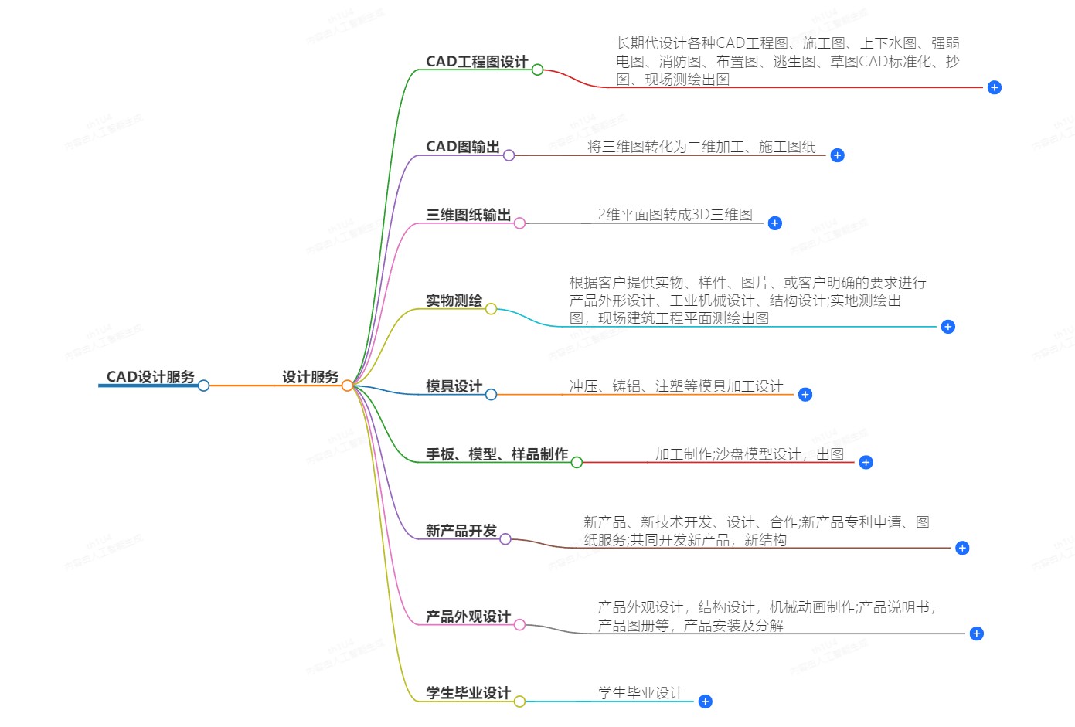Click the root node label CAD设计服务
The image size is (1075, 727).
(150, 377)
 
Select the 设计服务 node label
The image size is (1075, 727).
(310, 377)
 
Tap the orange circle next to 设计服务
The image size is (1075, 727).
(348, 386)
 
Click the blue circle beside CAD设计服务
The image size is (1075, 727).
(203, 386)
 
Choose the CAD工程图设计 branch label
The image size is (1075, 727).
(477, 62)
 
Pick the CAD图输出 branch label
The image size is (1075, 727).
(463, 146)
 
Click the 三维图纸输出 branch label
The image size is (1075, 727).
(468, 215)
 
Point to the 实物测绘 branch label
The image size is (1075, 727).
(454, 301)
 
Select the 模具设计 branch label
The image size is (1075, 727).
(454, 386)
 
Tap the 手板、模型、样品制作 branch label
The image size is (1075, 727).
(497, 454)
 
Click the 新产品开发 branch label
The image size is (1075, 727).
(461, 530)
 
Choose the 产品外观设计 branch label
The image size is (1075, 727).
(468, 617)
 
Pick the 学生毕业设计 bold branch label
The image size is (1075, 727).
(468, 693)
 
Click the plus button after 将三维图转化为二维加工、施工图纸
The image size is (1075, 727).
(838, 155)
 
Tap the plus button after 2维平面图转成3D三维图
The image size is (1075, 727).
(774, 223)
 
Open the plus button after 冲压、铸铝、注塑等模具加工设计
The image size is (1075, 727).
(805, 395)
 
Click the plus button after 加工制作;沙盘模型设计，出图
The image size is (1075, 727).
(866, 462)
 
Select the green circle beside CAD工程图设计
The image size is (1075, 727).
(538, 70)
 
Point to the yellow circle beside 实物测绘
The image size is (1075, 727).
(491, 309)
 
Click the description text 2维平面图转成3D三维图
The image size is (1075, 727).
(675, 215)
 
